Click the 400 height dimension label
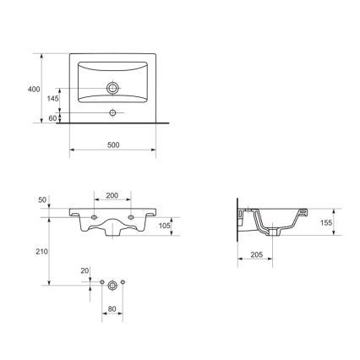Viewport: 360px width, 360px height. click(34, 89)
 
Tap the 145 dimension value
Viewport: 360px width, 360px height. click(52, 99)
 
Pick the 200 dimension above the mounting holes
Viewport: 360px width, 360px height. click(112, 196)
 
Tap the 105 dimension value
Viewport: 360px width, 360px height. click(166, 226)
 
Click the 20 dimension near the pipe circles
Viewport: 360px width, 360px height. click(85, 271)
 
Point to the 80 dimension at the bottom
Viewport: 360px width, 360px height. click(112, 309)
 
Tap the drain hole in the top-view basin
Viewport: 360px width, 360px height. click(112, 86)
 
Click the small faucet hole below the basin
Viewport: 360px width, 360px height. click(112, 112)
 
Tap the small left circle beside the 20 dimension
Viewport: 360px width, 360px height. click(101, 280)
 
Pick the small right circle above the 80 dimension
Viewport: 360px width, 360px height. click(123, 280)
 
